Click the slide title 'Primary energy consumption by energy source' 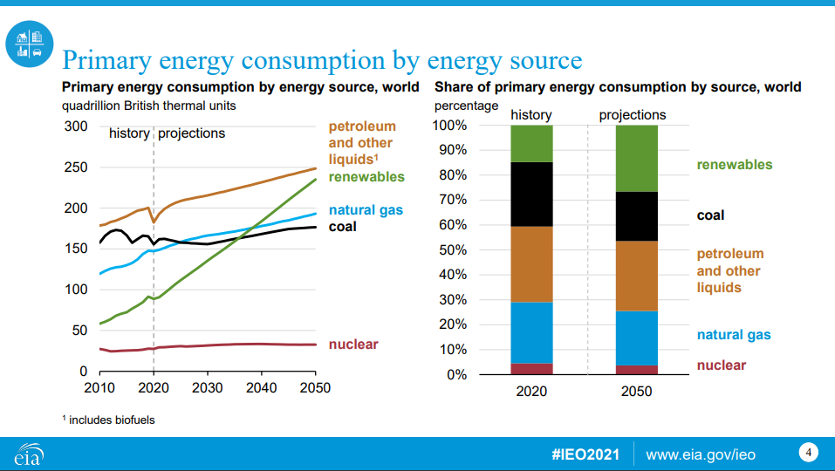coord(322,60)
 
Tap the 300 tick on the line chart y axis coord(76,126)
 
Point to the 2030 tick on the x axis coord(208,387)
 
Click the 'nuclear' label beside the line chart coord(353,344)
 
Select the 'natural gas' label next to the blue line coord(366,210)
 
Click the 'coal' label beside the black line coord(342,227)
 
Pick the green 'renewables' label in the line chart coord(366,176)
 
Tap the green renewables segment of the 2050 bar coord(636,158)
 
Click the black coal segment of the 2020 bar coord(531,194)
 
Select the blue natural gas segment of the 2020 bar coord(531,332)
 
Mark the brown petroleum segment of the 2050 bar coord(636,276)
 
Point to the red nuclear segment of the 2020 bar coord(531,369)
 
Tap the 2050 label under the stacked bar coord(636,392)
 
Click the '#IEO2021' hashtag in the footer coord(585,454)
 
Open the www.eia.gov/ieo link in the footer coord(700,454)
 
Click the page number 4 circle coord(809,453)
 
